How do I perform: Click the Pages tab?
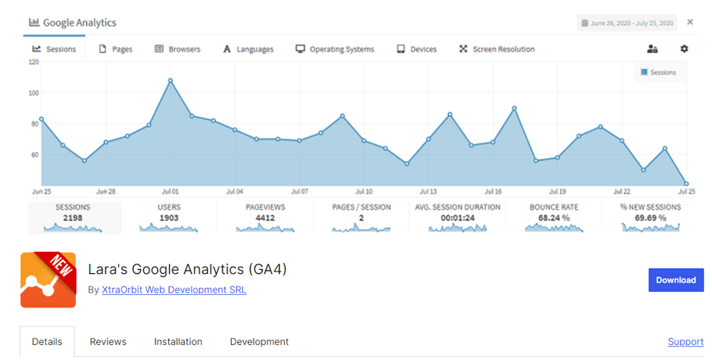click(116, 49)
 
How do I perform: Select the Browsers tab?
click(178, 49)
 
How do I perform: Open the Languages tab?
click(249, 49)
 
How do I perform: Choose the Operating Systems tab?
click(335, 49)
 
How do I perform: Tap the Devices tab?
click(417, 49)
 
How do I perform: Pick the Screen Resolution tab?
click(497, 49)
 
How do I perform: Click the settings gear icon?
click(685, 49)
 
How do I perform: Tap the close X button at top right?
click(690, 22)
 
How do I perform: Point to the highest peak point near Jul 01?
click(171, 80)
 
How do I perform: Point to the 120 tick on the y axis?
click(33, 62)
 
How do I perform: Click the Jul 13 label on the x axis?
click(427, 191)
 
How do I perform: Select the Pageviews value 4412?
click(265, 218)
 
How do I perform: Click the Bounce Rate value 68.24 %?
click(554, 218)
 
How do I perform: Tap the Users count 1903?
click(169, 218)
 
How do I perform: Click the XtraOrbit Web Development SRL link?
click(174, 290)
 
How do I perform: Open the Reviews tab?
click(108, 342)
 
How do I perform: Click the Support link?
click(685, 342)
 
